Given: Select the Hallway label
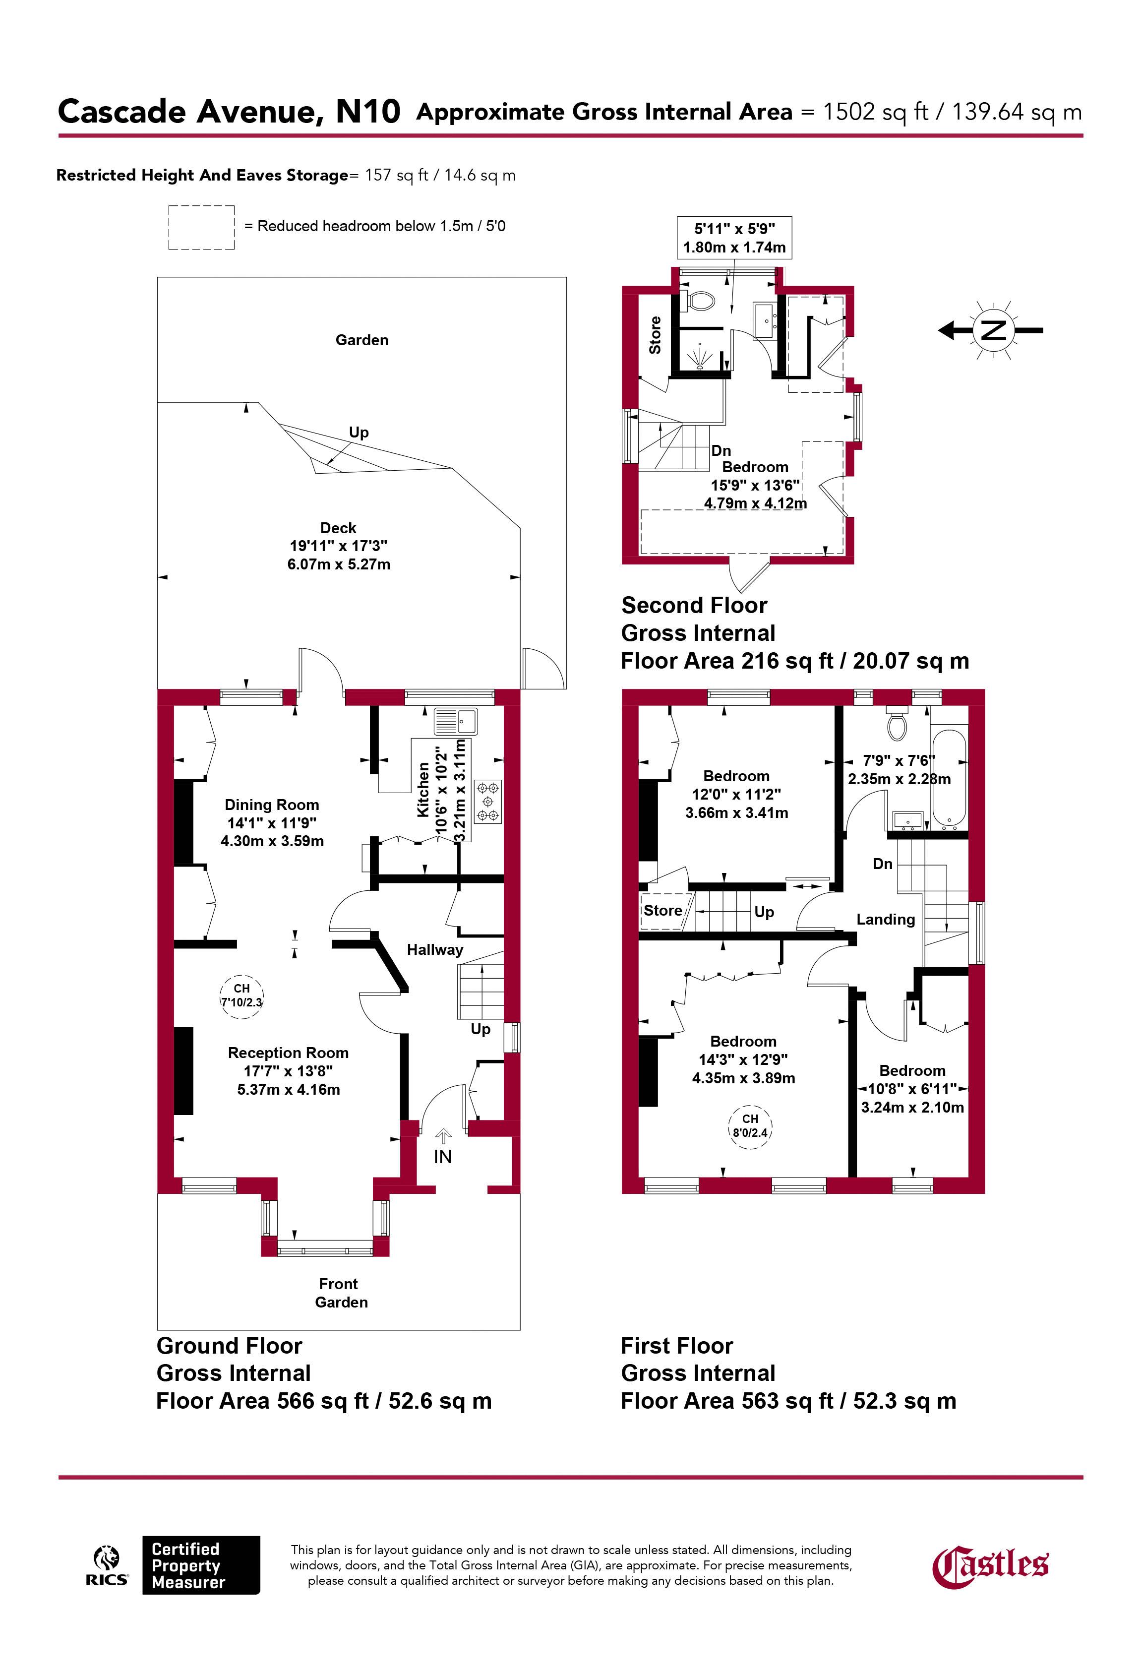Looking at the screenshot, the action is [434, 950].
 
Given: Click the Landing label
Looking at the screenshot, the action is [886, 920].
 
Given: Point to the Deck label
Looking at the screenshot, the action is [338, 528].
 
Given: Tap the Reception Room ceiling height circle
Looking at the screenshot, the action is [241, 996].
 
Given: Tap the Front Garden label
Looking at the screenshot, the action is [340, 1293].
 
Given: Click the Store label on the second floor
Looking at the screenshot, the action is [656, 335].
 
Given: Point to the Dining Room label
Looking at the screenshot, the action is [272, 805].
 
